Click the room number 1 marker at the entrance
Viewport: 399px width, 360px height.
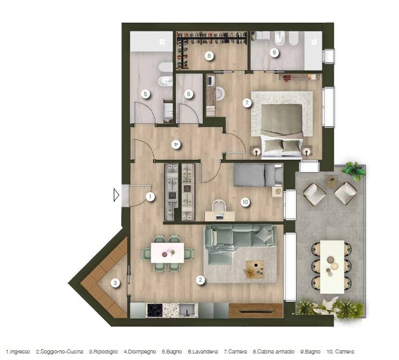[150, 197]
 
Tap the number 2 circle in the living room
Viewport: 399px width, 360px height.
[201, 280]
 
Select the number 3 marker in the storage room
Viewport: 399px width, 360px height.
[115, 282]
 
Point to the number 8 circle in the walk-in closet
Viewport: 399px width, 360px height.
[208, 55]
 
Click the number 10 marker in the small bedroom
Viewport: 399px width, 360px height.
[245, 202]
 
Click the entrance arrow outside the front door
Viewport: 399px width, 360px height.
[116, 194]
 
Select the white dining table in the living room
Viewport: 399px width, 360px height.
[167, 252]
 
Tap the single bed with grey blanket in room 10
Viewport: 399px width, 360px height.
[258, 175]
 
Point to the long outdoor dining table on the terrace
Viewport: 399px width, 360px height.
[332, 266]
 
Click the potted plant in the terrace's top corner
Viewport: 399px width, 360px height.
[353, 171]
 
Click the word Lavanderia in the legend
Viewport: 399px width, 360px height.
[202, 352]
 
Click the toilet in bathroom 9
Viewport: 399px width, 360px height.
[280, 40]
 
